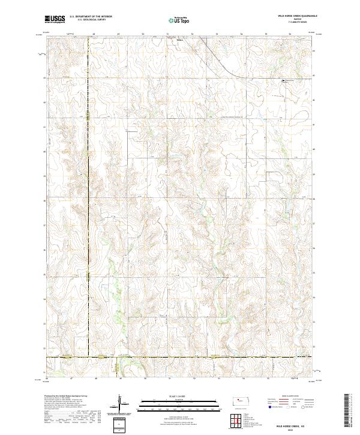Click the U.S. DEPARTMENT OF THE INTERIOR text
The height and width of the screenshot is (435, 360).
pos(91,16)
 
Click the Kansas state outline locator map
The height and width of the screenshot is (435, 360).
pos(242,400)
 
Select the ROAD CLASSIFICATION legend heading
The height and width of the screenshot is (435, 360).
pos(290,396)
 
